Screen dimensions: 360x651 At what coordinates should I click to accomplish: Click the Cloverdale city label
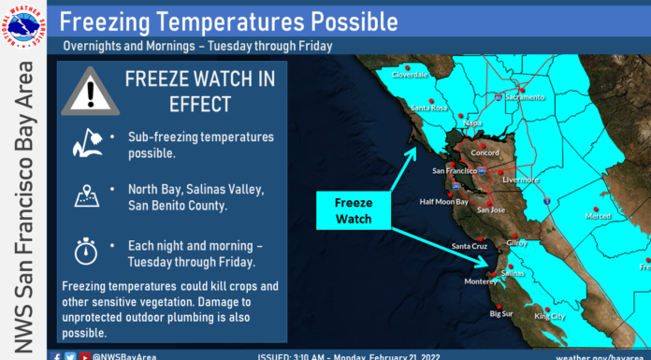[410, 75]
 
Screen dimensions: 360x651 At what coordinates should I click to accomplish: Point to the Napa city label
[473, 122]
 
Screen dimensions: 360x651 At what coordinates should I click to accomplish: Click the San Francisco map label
[456, 172]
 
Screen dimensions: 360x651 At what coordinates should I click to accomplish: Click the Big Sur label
[502, 315]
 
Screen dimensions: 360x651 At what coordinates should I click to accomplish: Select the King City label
[550, 317]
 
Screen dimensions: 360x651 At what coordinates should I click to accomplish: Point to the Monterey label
[482, 281]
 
